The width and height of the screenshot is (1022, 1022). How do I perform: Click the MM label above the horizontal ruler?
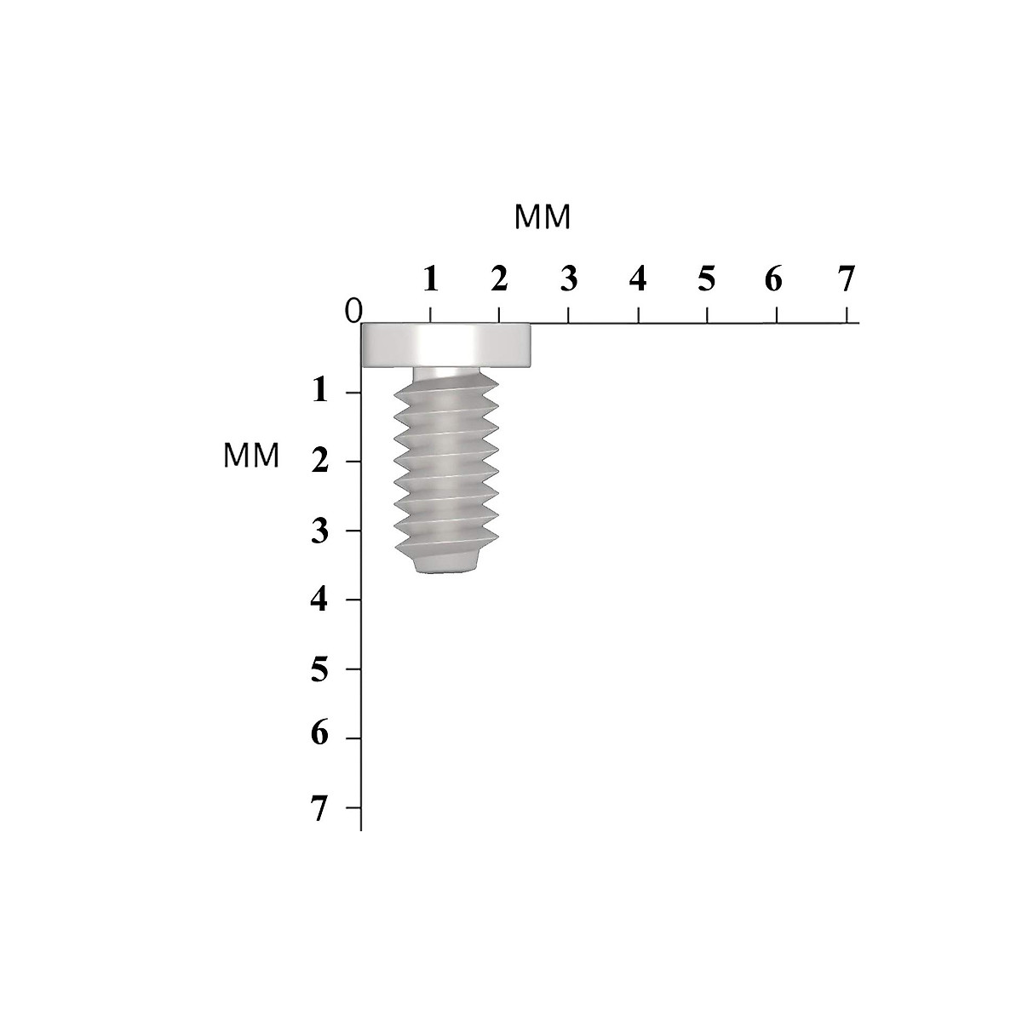coord(543,218)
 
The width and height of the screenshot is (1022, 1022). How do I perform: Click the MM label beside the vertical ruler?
coord(251,456)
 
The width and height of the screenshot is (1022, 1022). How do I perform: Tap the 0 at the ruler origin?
coord(353,312)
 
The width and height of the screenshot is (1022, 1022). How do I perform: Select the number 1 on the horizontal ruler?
coord(431,278)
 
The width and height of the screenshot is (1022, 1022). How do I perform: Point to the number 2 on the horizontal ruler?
coord(499,278)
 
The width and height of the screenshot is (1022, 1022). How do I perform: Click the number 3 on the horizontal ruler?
coord(568,278)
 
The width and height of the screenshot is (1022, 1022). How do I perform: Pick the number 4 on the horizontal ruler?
coord(638,278)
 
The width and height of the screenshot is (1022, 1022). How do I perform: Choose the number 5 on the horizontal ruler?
coord(706,278)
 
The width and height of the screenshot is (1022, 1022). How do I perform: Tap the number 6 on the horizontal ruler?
coord(773,278)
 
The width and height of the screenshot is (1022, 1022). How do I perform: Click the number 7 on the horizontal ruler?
coord(845,278)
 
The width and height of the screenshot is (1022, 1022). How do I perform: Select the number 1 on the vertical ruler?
coord(320,391)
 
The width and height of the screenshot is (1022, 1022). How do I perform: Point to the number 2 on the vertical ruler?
coord(320,461)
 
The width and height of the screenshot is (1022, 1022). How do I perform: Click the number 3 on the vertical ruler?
coord(320,530)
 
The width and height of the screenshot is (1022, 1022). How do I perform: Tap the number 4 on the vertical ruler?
coord(320,600)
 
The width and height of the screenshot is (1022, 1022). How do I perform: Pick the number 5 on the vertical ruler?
coord(320,669)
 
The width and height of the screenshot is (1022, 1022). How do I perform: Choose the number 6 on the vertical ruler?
coord(320,734)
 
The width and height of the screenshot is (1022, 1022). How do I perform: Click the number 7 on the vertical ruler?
coord(320,808)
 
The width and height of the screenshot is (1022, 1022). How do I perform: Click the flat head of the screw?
coord(446,346)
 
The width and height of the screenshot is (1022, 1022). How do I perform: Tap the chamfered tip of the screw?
coord(447,564)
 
